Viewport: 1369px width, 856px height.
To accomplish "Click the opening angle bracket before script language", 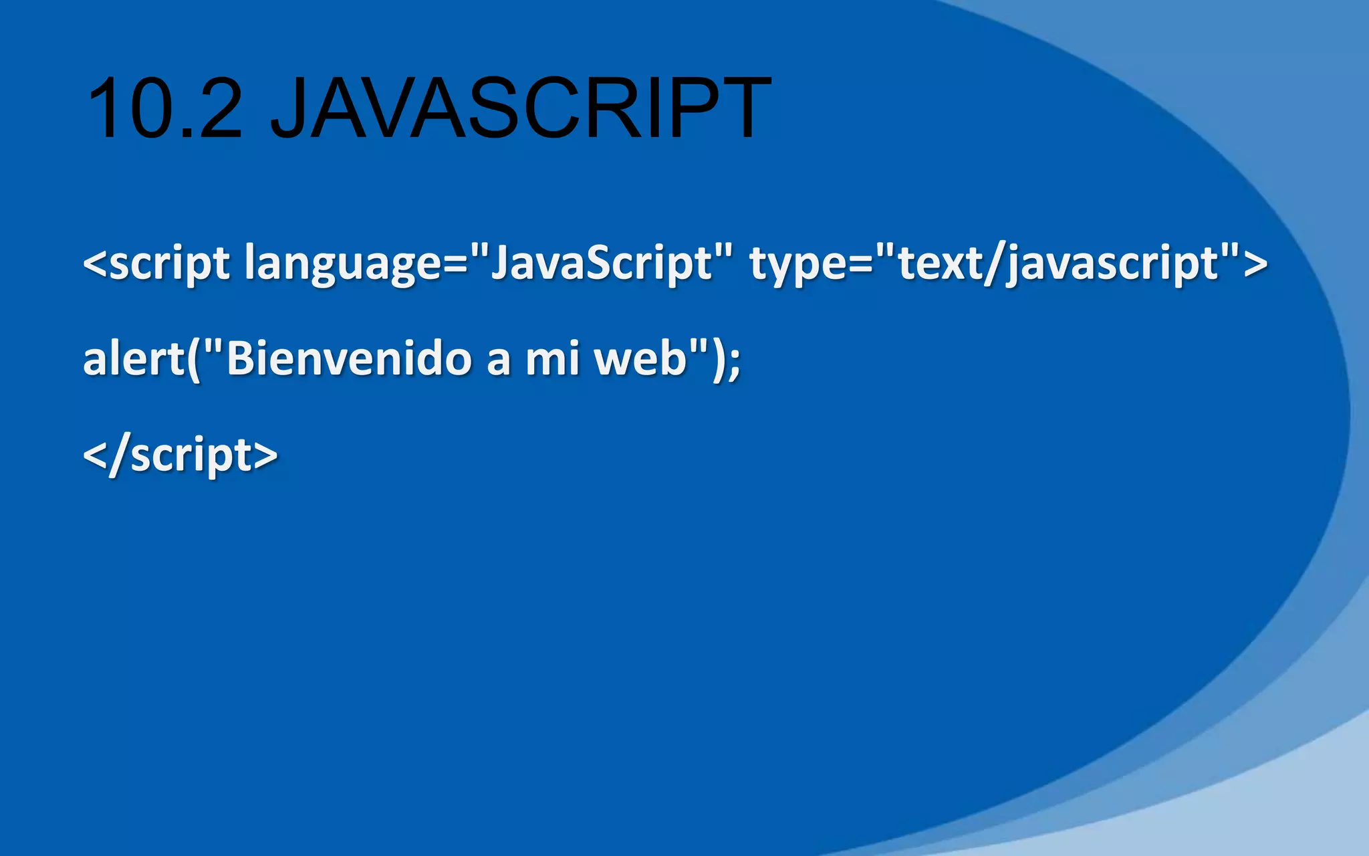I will click(94, 263).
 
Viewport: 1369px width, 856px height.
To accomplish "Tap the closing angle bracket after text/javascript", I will click(1256, 263).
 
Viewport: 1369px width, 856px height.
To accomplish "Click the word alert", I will click(133, 358).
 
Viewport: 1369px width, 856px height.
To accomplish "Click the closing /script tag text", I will click(180, 455).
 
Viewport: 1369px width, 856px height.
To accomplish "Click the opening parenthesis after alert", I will click(194, 360).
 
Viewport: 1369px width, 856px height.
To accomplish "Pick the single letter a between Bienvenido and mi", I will click(498, 361).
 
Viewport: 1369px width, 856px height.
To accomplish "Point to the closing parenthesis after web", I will click(719, 360).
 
